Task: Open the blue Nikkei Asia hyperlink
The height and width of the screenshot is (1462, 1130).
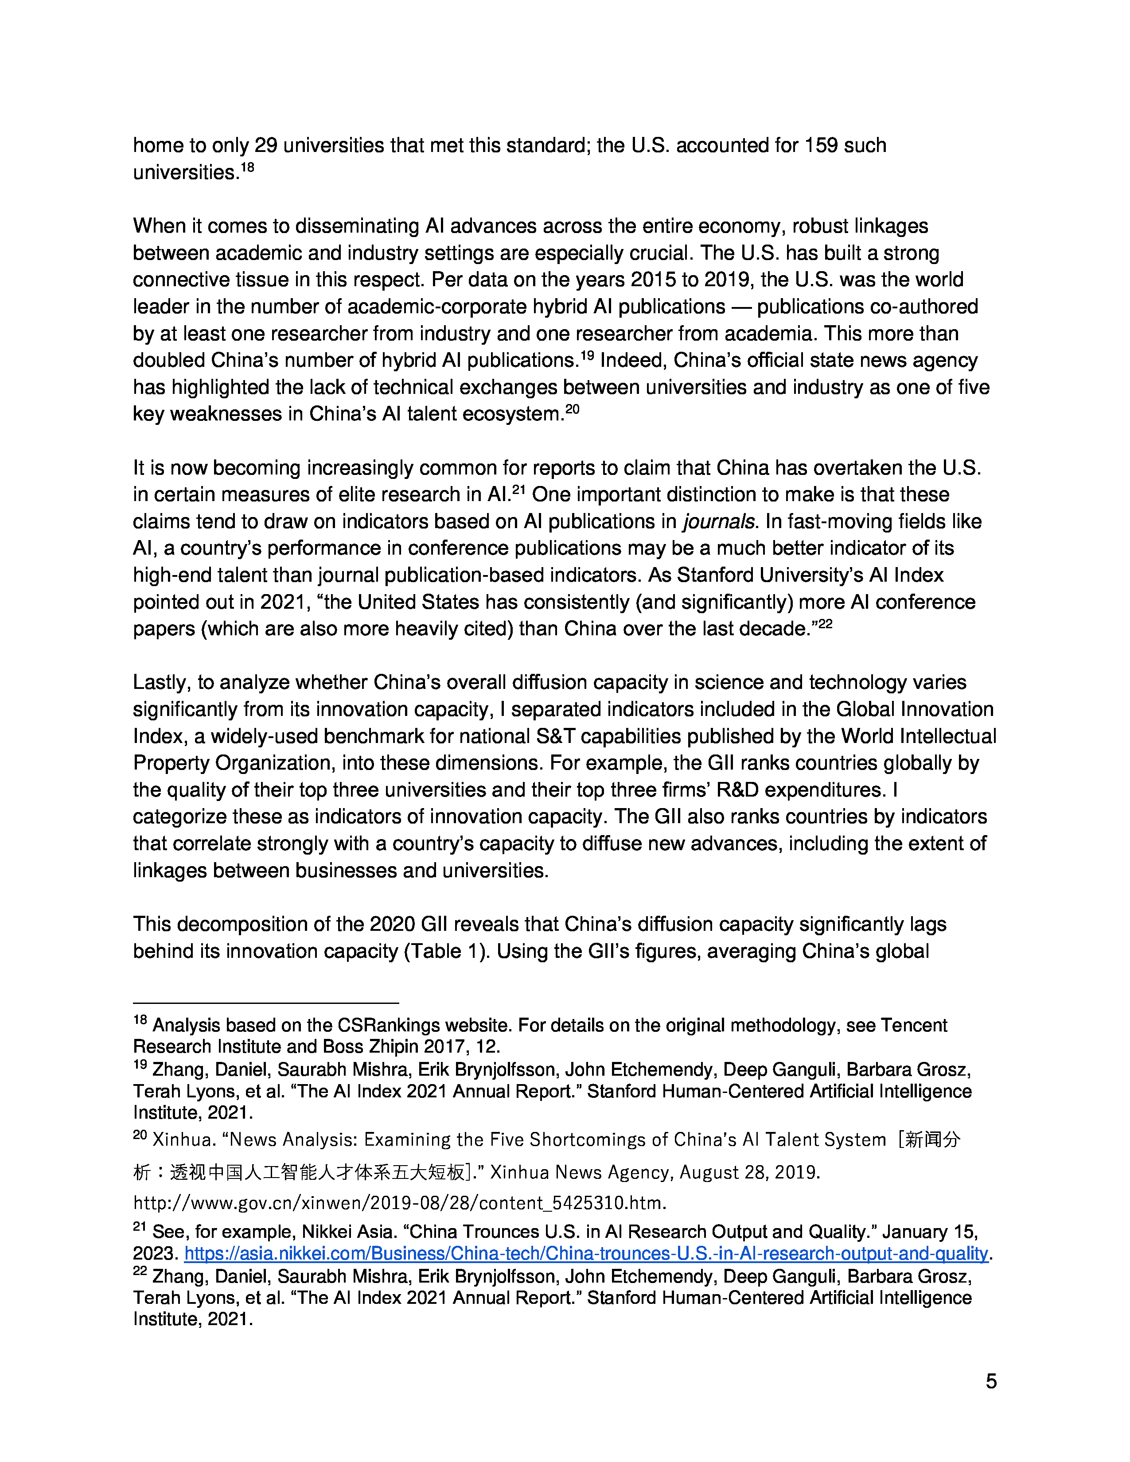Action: (x=586, y=1254)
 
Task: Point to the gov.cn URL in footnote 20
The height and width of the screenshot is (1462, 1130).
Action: (x=400, y=1203)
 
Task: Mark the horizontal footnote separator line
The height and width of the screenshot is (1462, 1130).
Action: (x=266, y=1003)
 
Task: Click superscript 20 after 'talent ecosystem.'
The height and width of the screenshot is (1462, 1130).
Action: (x=573, y=409)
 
